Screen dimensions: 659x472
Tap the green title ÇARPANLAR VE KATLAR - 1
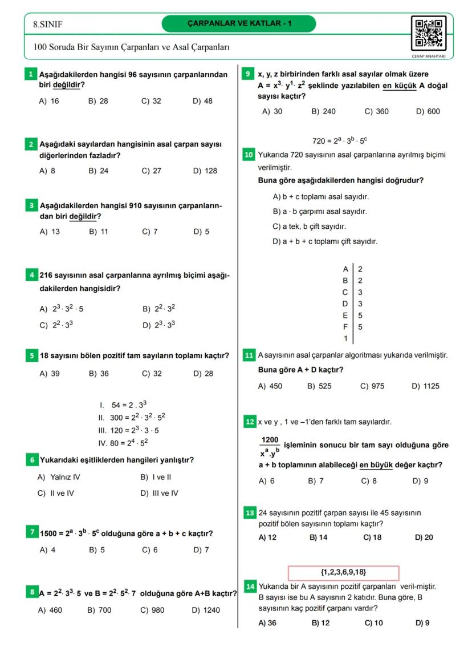tap(239, 23)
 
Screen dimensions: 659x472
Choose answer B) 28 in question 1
tap(98, 101)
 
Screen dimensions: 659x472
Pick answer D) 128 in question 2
tap(205, 171)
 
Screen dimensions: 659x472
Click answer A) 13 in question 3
tap(50, 232)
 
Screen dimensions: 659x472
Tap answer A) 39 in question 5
tap(50, 374)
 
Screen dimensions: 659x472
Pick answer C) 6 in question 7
tap(150, 550)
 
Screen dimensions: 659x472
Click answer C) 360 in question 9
tap(376, 111)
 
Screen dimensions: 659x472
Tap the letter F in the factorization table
tap(345, 327)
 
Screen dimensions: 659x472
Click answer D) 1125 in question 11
tap(425, 386)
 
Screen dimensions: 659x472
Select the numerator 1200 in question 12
tap(269, 440)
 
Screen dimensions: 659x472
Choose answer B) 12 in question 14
tap(320, 623)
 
